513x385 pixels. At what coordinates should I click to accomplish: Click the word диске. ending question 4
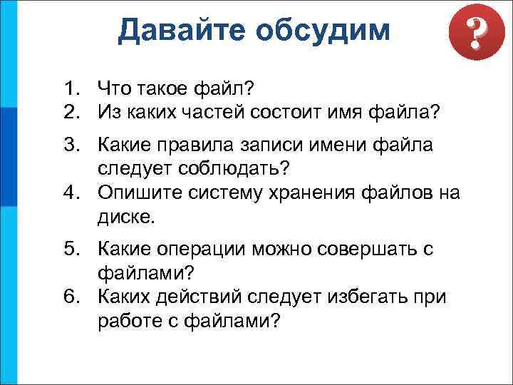tap(126, 216)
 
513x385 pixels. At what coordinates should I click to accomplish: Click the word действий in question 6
tap(197, 296)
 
